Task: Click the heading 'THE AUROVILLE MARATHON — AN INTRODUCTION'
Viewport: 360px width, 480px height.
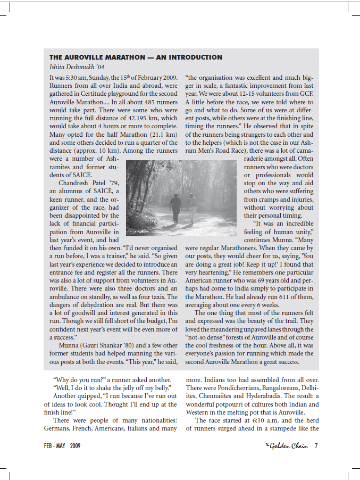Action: [136, 57]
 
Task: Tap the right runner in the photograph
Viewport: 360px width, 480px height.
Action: [192, 205]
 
